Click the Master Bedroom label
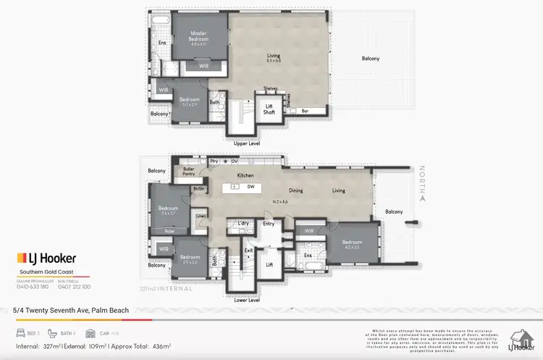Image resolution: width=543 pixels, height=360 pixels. pyautogui.click(x=200, y=34)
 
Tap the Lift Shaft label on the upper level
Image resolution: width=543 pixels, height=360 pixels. pyautogui.click(x=269, y=109)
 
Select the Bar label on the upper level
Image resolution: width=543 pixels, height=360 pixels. pyautogui.click(x=315, y=111)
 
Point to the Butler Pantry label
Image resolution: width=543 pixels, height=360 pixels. pyautogui.click(x=189, y=171)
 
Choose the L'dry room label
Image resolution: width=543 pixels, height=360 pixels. pyautogui.click(x=243, y=224)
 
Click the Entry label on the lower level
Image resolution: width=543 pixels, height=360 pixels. pyautogui.click(x=269, y=224)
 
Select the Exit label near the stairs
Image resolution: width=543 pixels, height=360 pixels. pyautogui.click(x=248, y=250)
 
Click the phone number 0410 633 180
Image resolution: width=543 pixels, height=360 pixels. pyautogui.click(x=32, y=286)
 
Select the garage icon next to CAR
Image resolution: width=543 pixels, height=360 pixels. pyautogui.click(x=90, y=334)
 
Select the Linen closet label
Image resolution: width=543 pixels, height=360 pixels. pyautogui.click(x=201, y=217)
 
